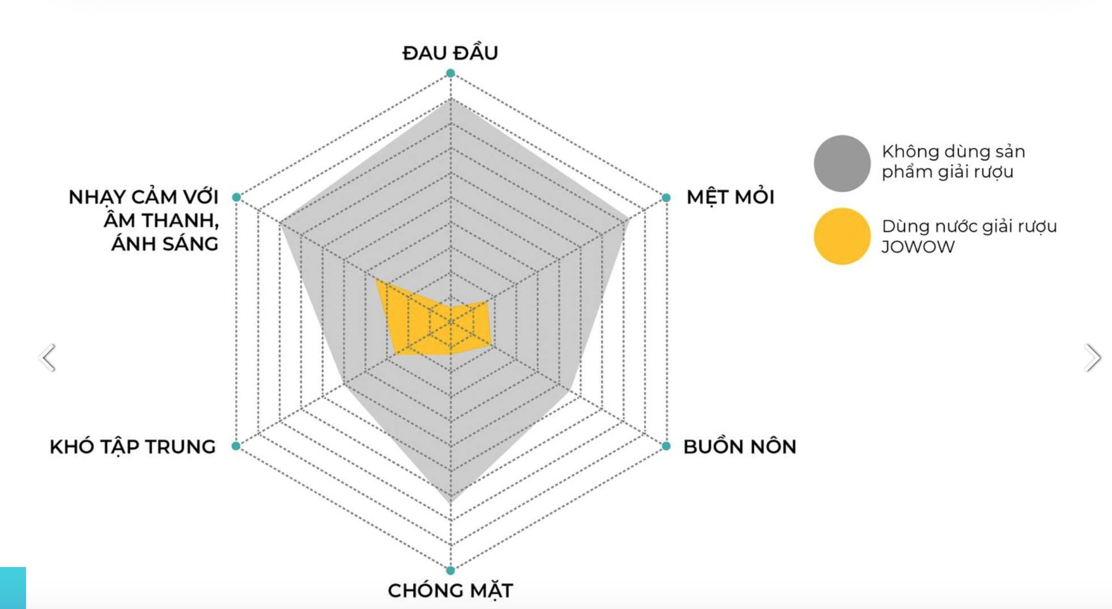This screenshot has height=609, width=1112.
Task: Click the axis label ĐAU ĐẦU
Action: point(450,53)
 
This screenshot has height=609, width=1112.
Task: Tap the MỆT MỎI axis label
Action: point(730,197)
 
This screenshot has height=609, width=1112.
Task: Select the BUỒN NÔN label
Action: point(740,446)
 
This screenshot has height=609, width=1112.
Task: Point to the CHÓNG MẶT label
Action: point(450,590)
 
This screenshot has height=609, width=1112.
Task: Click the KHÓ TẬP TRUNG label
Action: point(133,446)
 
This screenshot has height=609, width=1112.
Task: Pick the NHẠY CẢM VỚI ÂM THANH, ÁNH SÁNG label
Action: point(144,220)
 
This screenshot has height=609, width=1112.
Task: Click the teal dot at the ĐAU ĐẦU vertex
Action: point(450,73)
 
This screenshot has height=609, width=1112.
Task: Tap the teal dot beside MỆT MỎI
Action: point(666,197)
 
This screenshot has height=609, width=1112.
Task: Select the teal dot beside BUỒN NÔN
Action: point(666,446)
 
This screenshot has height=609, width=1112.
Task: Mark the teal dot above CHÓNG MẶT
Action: point(450,570)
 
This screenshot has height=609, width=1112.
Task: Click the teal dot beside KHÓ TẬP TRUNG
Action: point(236,446)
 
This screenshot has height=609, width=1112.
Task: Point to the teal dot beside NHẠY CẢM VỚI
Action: point(236,197)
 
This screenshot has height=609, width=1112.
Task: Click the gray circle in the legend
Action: point(842,163)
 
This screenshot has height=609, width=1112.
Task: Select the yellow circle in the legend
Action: point(842,236)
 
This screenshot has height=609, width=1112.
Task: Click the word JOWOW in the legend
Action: point(918,247)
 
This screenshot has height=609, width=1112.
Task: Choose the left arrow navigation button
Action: point(48,358)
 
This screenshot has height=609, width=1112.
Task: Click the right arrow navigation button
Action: point(1092,358)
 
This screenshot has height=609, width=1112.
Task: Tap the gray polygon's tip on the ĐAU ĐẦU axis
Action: point(451,100)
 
